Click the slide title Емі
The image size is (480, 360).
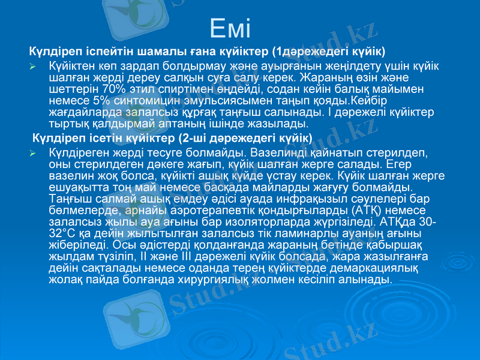231,28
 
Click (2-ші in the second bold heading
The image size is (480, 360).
184,138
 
